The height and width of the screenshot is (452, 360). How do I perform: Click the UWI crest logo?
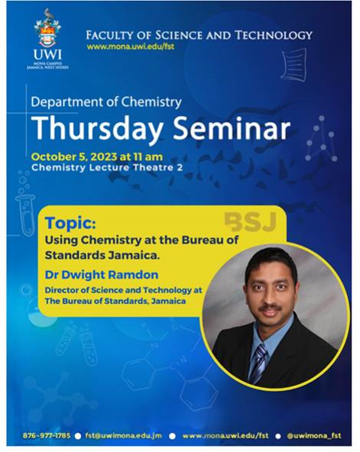tap(47, 39)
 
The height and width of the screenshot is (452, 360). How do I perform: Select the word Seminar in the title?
tap(232, 128)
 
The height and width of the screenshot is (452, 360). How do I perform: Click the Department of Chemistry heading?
tap(106, 102)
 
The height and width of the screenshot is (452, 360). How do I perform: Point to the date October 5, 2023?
tap(74, 157)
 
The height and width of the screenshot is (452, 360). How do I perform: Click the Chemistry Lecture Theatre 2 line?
tap(107, 167)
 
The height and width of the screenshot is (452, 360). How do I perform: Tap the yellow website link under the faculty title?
tap(131, 46)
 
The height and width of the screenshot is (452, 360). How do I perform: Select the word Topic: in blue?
tap(70, 223)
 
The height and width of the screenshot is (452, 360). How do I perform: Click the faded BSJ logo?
tap(251, 222)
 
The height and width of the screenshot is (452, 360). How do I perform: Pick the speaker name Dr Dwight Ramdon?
tap(102, 275)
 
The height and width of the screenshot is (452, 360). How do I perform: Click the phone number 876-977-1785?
tap(47, 435)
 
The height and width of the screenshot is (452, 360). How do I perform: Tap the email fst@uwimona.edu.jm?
tap(124, 435)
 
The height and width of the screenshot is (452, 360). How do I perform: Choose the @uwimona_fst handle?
tap(314, 435)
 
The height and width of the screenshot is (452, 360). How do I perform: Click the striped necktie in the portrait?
tap(258, 363)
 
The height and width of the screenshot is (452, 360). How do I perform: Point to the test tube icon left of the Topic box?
tap(26, 213)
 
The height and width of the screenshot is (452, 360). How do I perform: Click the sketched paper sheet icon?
tap(294, 65)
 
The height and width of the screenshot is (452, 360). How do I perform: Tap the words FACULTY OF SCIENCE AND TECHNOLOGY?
tap(199, 35)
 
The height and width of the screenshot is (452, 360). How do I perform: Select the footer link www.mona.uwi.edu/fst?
tap(225, 435)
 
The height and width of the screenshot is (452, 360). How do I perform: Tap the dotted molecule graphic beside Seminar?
tap(321, 139)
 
